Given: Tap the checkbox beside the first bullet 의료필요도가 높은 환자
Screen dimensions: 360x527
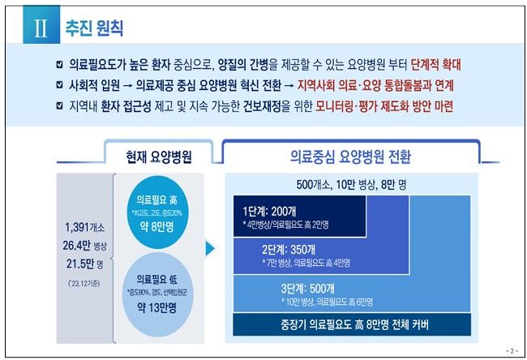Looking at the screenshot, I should (57, 62).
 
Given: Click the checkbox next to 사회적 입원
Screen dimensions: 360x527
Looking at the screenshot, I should (57, 84).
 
